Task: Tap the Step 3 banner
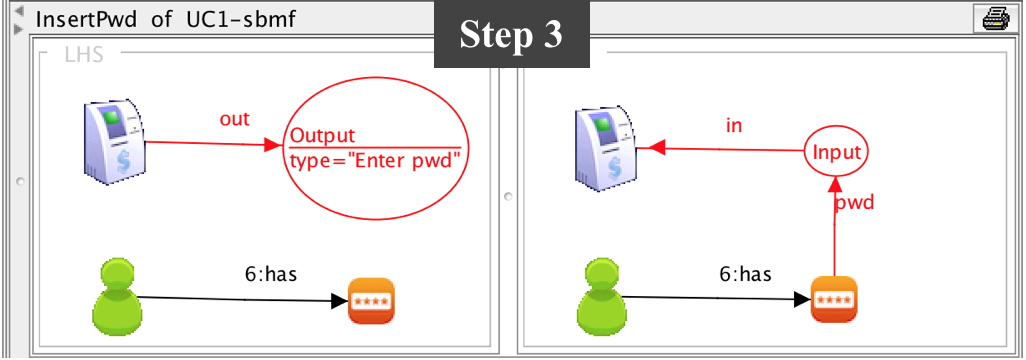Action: tap(511, 35)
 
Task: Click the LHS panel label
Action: tap(84, 56)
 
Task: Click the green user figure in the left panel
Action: tap(113, 296)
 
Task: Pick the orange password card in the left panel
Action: tap(371, 300)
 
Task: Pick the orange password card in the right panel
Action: tap(834, 299)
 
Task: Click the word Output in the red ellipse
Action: tap(322, 137)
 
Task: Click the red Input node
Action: tap(837, 153)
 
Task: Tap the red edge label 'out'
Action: tap(234, 119)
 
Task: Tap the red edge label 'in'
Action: tap(734, 126)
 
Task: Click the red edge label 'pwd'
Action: tap(855, 203)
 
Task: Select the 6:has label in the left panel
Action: tap(271, 273)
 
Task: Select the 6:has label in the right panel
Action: tap(746, 273)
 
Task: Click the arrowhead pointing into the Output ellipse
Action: tap(280, 146)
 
